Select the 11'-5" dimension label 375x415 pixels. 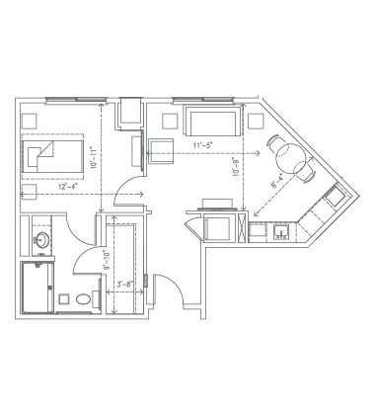click(x=203, y=146)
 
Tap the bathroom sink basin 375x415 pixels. click(x=43, y=238)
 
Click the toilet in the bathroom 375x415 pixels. click(x=82, y=298)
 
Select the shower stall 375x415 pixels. click(x=37, y=287)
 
